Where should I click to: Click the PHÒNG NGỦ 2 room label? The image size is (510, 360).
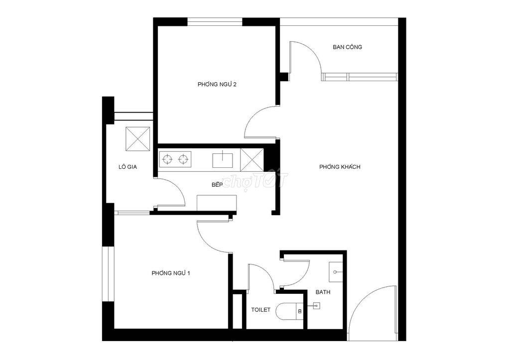coord(217,85)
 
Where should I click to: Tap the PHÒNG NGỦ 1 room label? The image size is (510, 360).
coord(171,273)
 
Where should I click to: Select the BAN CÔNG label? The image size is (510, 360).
coord(347,47)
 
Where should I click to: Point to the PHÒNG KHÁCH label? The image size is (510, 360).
coord(340,167)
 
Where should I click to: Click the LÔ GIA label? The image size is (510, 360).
coord(127,167)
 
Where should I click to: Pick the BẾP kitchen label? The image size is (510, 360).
coord(217,185)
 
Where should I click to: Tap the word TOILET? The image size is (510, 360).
coord(260,310)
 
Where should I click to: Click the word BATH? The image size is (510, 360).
coord(323,292)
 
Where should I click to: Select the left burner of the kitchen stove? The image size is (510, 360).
coord(167,159)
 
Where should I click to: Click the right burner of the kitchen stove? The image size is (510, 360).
coord(183,159)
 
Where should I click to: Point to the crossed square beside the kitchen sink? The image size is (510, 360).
coord(252,160)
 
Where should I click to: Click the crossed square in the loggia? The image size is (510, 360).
coord(137,139)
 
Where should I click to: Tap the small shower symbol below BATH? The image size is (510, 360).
coord(316,306)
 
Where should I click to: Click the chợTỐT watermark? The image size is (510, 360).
coord(255,180)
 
